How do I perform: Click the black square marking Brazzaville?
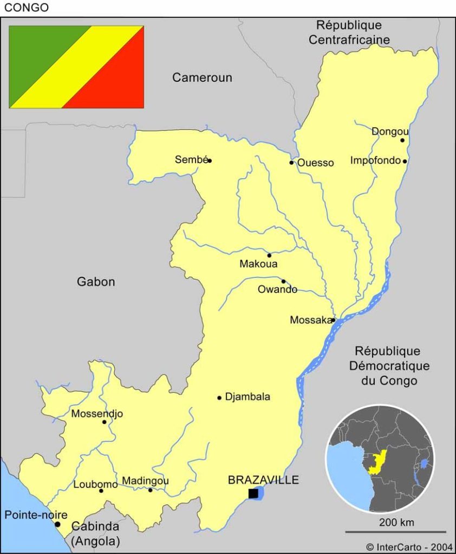(x=253, y=493)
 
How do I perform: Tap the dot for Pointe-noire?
(x=57, y=524)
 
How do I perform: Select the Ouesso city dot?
(x=291, y=162)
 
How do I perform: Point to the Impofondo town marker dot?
(x=405, y=161)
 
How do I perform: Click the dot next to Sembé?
(x=210, y=161)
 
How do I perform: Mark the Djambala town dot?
(x=219, y=398)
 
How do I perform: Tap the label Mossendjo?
(x=97, y=414)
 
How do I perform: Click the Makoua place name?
(x=258, y=264)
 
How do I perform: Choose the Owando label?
(x=277, y=289)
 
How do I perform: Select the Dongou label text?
(x=390, y=131)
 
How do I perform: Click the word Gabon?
(x=96, y=282)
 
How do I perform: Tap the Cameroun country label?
(x=202, y=78)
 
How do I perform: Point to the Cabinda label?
(x=96, y=526)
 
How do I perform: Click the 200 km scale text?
(x=396, y=523)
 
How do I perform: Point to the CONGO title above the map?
(x=27, y=8)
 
